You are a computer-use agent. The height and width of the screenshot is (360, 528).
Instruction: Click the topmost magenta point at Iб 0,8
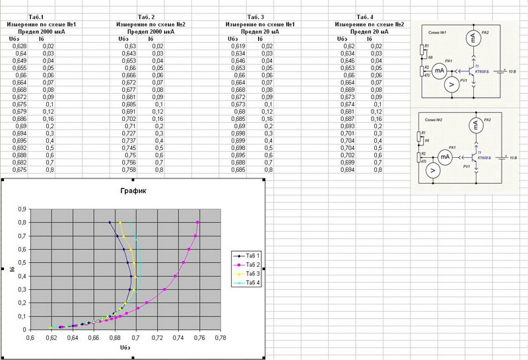197,223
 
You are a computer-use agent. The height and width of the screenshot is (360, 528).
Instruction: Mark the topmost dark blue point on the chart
110,223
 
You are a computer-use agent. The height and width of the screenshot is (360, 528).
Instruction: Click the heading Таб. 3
255,16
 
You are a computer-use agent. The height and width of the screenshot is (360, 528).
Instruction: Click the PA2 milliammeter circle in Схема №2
473,124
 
